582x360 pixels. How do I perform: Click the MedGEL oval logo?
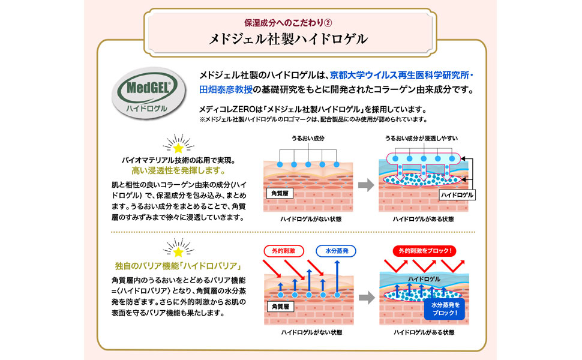(x=149, y=94)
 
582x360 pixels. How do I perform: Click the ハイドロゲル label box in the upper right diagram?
(x=457, y=195)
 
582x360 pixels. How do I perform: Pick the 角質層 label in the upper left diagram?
(x=279, y=194)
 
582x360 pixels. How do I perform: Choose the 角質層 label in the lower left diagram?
(x=279, y=306)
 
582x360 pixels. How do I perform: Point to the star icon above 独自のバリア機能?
(x=178, y=248)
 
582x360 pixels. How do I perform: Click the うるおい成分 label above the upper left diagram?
(x=307, y=138)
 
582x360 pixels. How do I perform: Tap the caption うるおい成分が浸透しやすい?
(x=422, y=138)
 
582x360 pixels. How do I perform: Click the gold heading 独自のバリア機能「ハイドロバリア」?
(x=178, y=266)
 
